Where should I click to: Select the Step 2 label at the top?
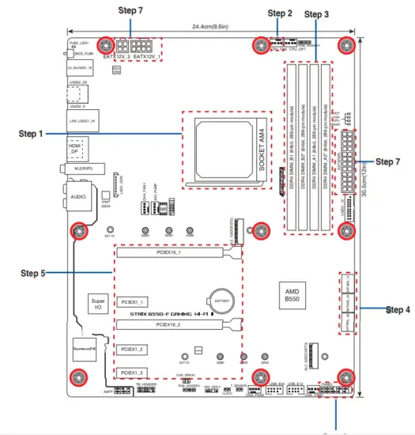tap(280, 13)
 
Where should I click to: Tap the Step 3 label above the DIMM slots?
tap(317, 14)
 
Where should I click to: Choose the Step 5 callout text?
tap(33, 274)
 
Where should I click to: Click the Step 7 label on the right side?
tap(387, 161)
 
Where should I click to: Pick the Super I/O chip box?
tap(98, 305)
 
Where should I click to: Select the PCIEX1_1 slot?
tap(131, 302)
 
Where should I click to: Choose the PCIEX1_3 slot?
tap(131, 372)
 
